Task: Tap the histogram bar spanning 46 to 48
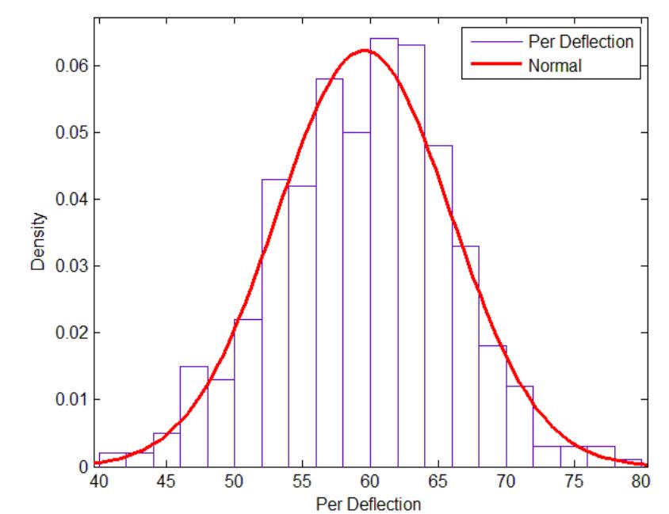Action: (x=193, y=416)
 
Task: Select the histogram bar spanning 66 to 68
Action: (x=466, y=356)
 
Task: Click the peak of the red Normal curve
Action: (x=365, y=51)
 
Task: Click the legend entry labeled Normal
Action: (x=554, y=67)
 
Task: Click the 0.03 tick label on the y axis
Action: (x=75, y=266)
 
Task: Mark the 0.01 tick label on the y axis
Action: (x=75, y=399)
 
